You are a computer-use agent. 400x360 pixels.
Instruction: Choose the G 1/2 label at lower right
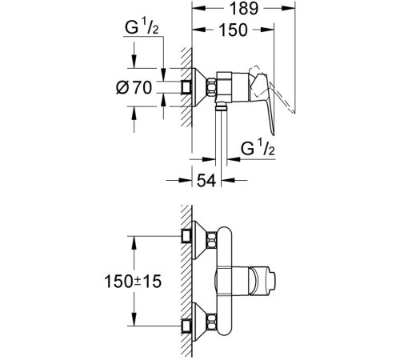pos(259,150)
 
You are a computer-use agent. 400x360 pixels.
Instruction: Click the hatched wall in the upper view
pos(186,88)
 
